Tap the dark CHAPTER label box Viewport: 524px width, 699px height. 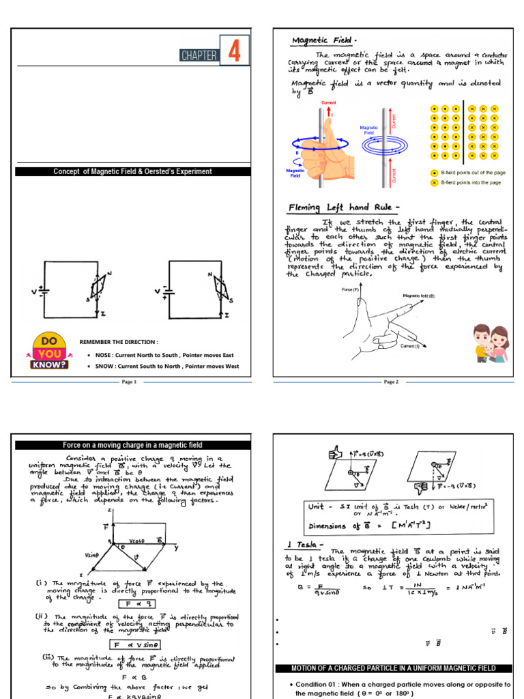tap(199, 55)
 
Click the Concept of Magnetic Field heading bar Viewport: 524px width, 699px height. tap(132, 171)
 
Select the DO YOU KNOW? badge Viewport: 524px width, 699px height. tap(48, 352)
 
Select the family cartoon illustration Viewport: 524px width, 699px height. tap(490, 344)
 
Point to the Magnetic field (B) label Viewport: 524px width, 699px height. tap(423, 296)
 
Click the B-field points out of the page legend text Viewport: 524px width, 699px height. tap(471, 173)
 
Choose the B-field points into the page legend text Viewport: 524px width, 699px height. tap(471, 183)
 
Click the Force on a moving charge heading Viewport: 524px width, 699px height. tap(132, 444)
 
